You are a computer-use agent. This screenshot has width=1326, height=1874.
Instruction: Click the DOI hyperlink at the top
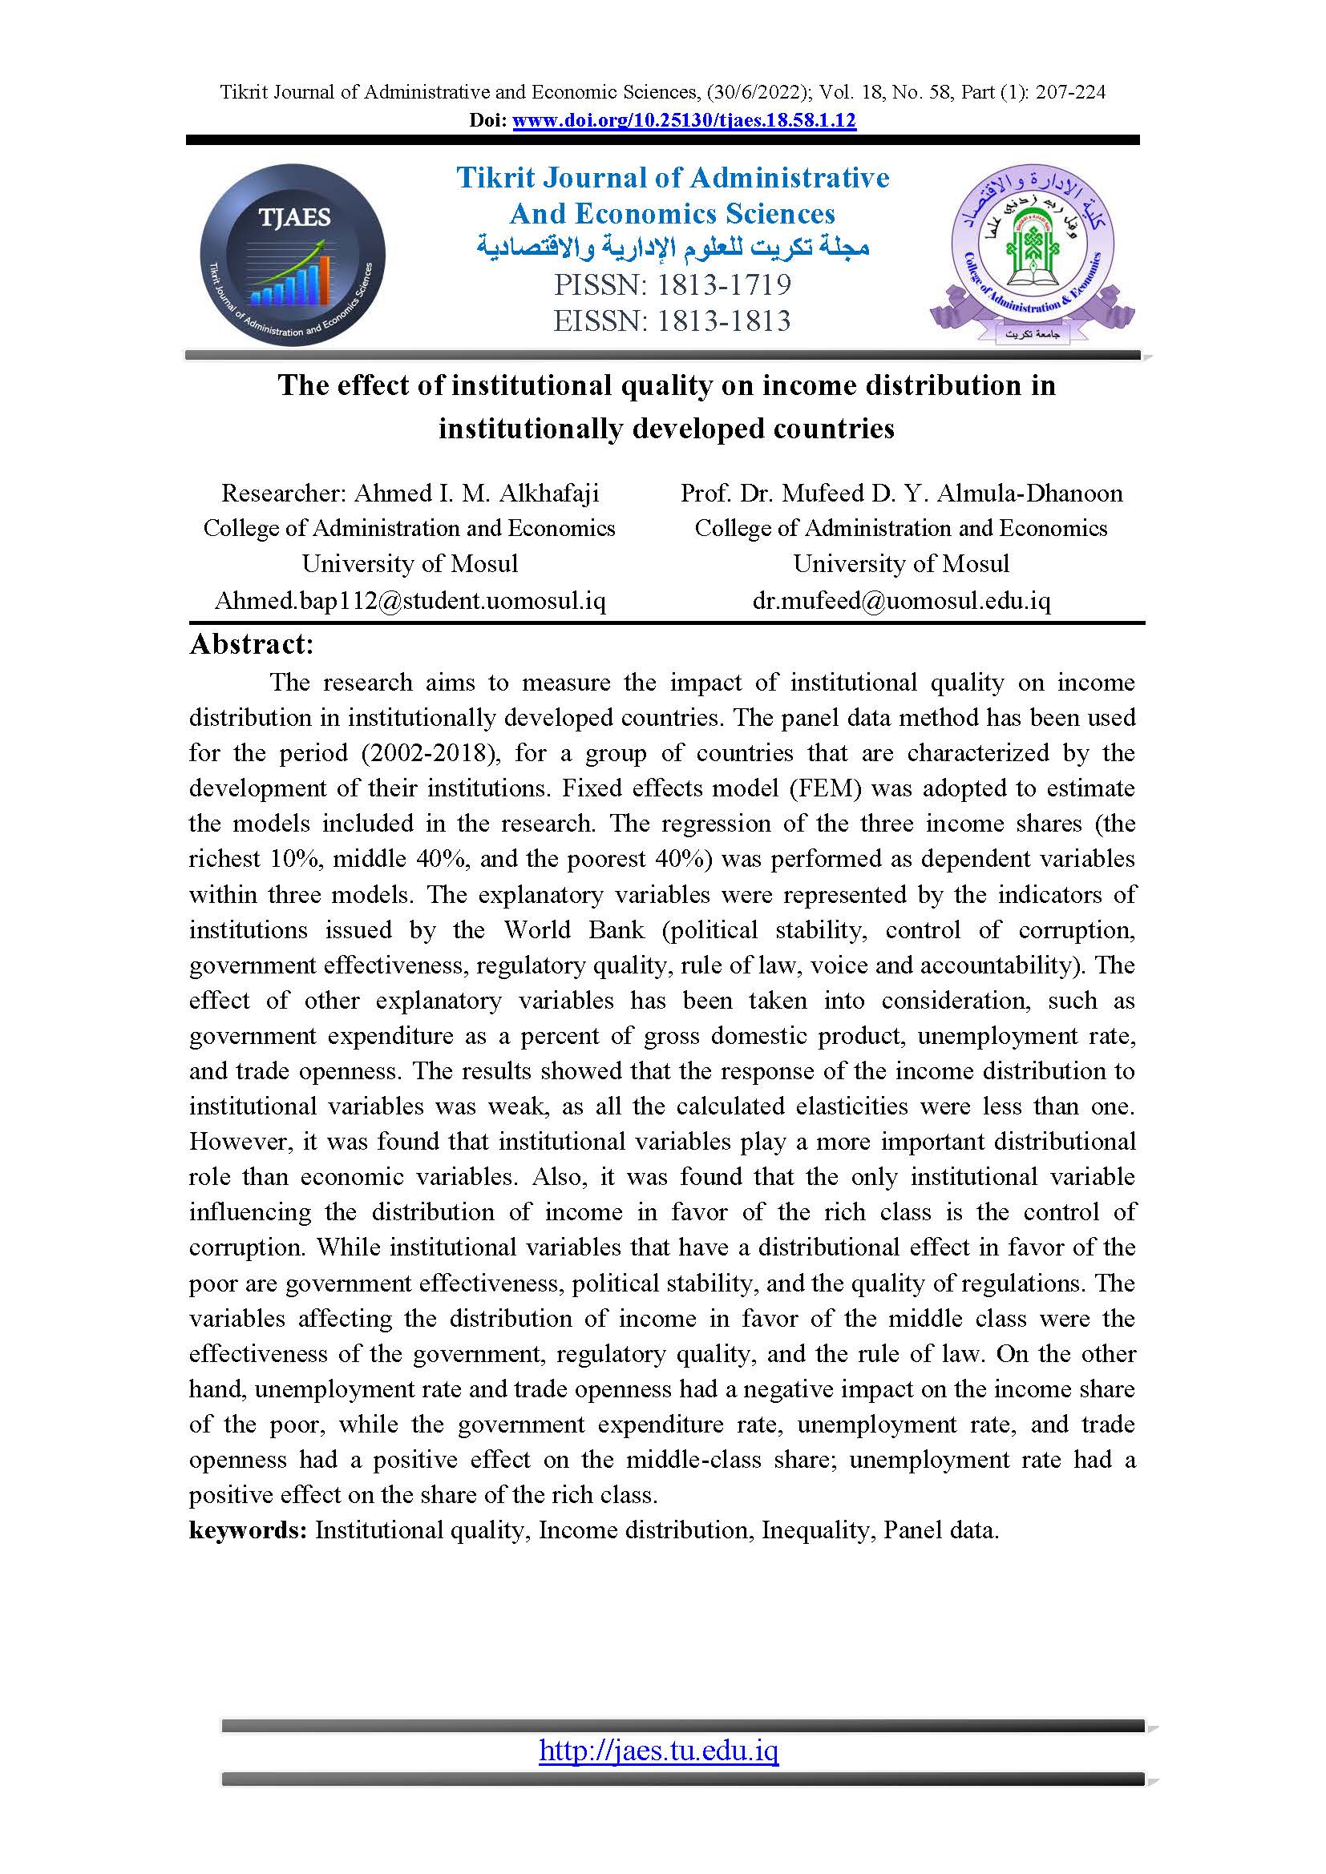tap(683, 121)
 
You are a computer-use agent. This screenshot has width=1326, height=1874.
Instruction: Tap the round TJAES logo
tap(293, 256)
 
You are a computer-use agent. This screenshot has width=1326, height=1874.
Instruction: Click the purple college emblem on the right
tap(1032, 255)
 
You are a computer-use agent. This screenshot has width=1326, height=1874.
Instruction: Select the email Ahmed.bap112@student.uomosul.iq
tap(409, 601)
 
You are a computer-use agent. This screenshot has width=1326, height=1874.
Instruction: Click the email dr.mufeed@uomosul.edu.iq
tap(900, 601)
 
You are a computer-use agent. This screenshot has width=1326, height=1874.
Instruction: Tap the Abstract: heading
tap(252, 644)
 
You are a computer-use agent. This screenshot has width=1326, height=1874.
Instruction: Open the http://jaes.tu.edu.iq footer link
tap(658, 1750)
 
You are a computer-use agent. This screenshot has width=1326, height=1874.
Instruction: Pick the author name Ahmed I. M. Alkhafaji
tap(476, 493)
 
